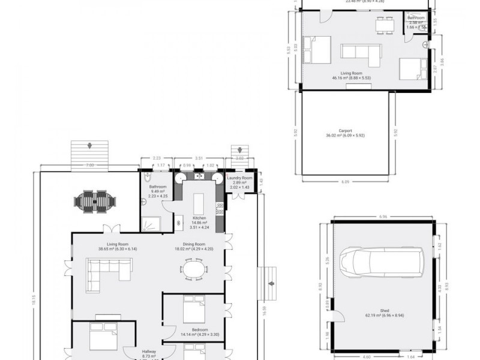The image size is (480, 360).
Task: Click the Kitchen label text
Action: click(x=199, y=217)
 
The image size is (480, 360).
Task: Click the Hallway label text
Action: click(x=149, y=352)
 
